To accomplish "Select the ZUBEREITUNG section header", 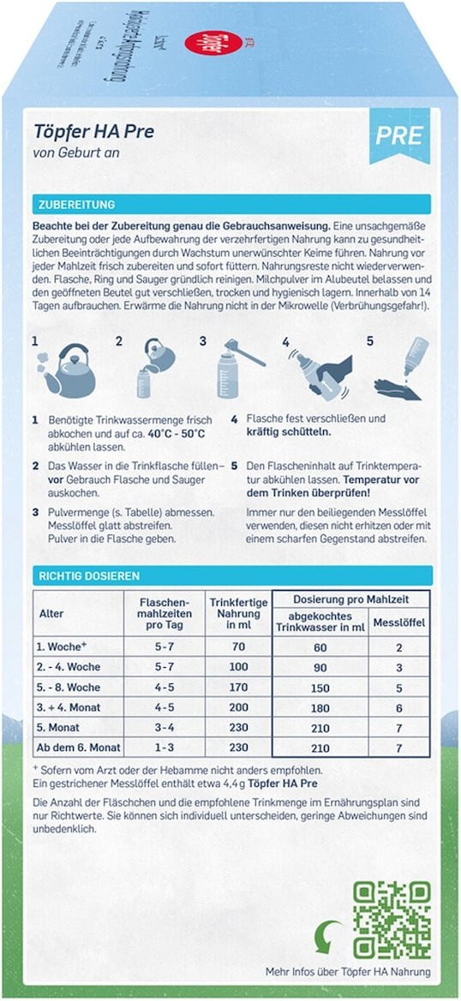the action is click(x=77, y=205).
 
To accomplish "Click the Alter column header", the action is click(x=51, y=614).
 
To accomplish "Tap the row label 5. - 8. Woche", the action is click(x=68, y=686).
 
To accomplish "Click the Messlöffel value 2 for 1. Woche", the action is click(x=398, y=647).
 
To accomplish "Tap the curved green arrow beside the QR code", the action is click(x=329, y=934).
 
